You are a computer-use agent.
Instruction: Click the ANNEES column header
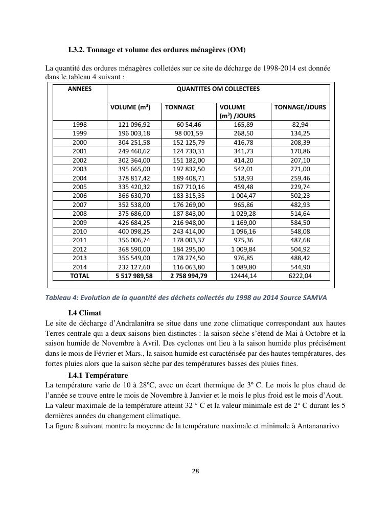[80, 89]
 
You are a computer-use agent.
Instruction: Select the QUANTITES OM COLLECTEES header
[218, 89]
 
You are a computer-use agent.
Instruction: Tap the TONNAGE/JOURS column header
[300, 107]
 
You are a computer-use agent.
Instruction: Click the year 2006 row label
[80, 196]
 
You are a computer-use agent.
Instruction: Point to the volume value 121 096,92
[134, 125]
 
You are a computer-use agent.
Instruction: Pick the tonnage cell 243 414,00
[189, 231]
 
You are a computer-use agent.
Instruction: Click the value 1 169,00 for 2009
[243, 222]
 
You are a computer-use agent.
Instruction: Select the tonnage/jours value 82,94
[300, 125]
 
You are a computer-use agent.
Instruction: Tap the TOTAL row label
[80, 276]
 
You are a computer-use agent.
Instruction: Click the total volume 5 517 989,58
[134, 276]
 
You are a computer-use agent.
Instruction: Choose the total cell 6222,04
[300, 276]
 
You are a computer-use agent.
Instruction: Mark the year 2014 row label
[80, 267]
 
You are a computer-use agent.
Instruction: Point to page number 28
[195, 471]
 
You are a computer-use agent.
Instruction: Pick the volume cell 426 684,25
[134, 222]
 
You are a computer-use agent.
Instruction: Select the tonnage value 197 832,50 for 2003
[189, 169]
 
